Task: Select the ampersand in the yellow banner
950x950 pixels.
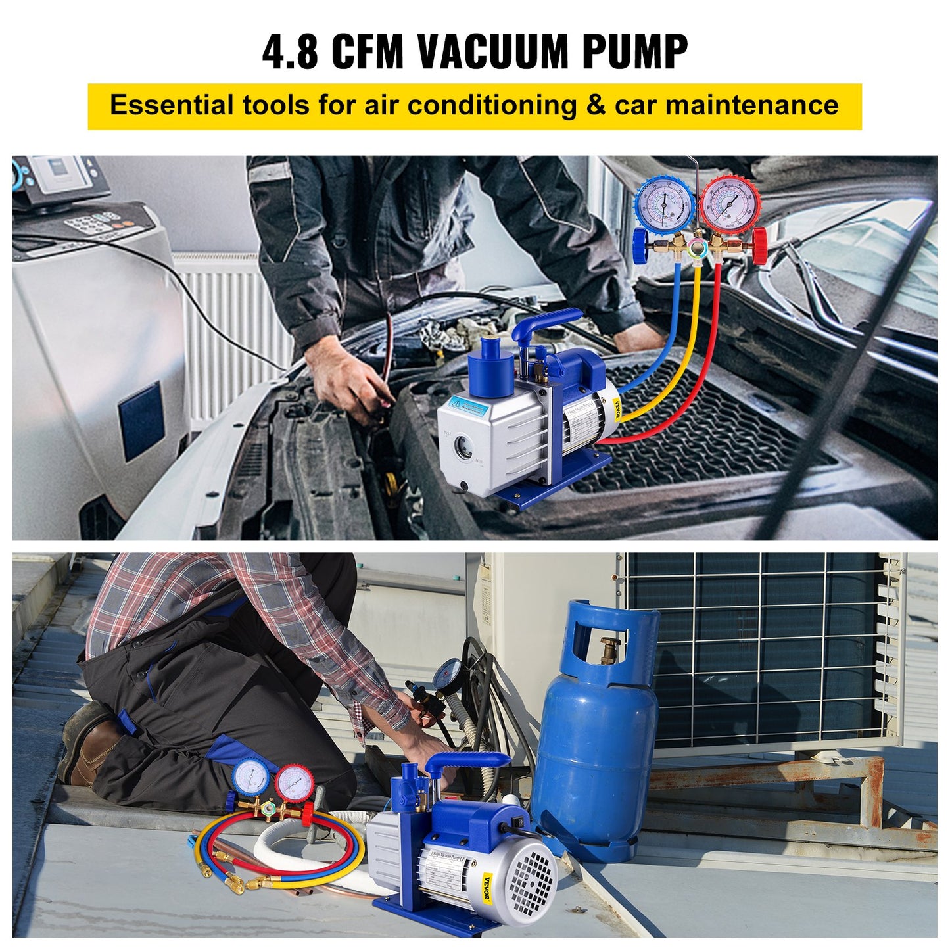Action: (596, 105)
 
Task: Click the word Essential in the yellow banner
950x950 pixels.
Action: (172, 105)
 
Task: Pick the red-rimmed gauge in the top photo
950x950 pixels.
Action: (730, 203)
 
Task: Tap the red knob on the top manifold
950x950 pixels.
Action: (759, 246)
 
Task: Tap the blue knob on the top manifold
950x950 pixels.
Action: (640, 247)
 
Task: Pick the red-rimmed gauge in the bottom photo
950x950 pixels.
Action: (294, 781)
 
